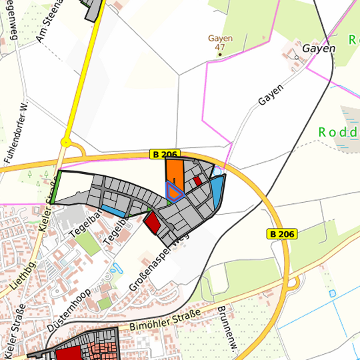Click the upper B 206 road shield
(165, 155)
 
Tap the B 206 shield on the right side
(282, 234)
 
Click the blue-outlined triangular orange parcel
(174, 193)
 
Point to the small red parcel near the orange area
(197, 180)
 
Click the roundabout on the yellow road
(66, 142)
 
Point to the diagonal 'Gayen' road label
(271, 95)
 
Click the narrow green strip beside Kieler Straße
(57, 189)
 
